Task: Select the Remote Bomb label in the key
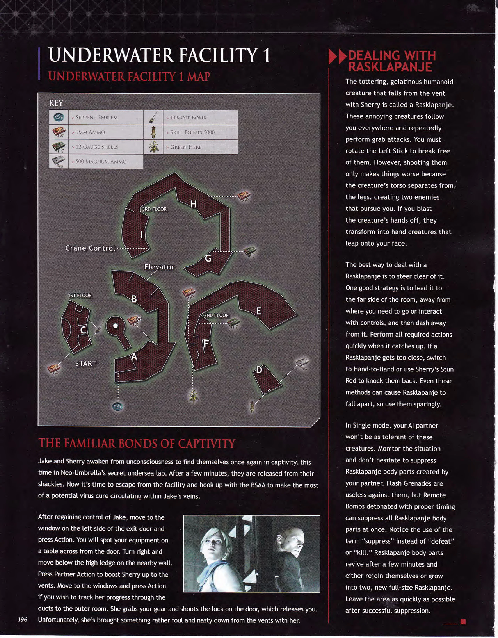(188, 118)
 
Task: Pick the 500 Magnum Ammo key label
(101, 161)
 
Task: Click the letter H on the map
(193, 204)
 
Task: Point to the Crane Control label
(90, 248)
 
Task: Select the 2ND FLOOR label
(216, 315)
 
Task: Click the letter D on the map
(259, 370)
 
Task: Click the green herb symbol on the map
(193, 396)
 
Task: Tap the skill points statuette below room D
(252, 407)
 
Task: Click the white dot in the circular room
(116, 325)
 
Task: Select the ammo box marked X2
(132, 320)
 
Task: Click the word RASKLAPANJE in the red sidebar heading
(390, 67)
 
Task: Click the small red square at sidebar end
(463, 621)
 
